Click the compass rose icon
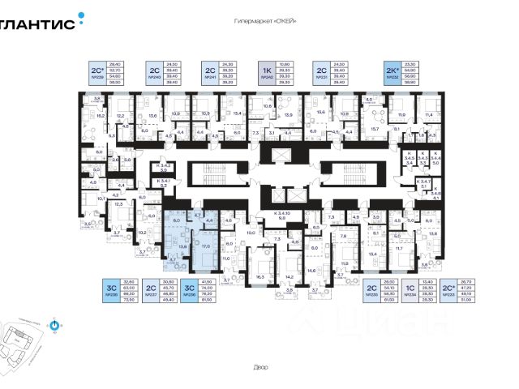55,327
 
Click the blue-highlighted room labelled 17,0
205,247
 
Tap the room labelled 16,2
101,116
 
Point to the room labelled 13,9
287,116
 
